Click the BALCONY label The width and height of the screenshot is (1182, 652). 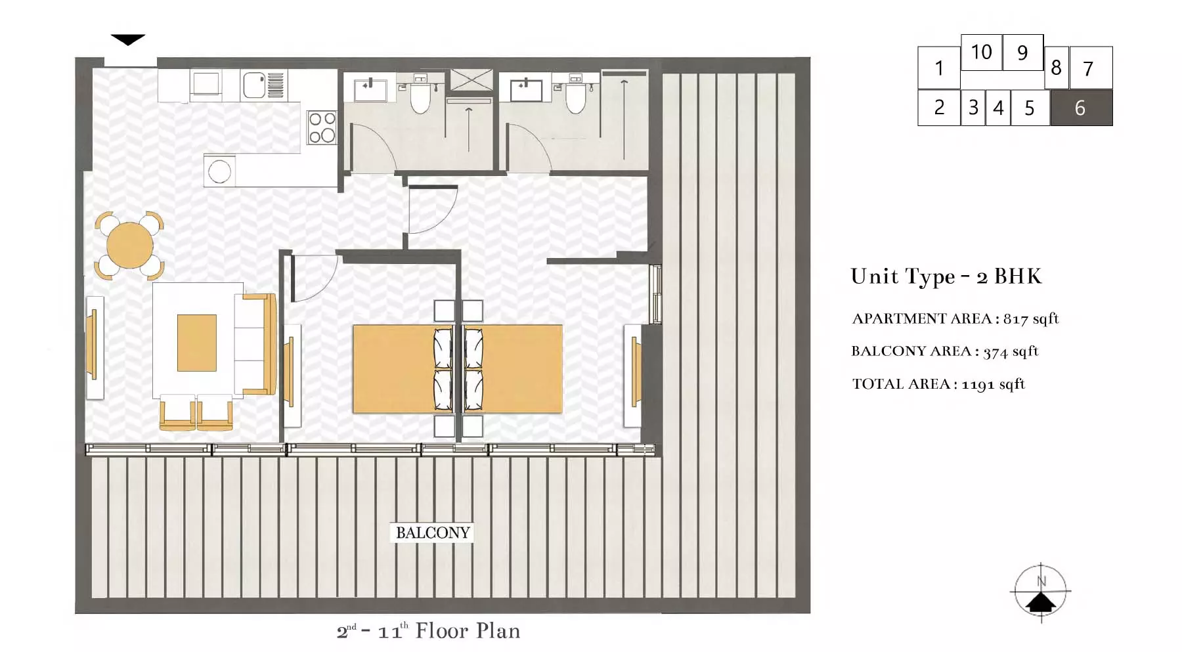pos(433,532)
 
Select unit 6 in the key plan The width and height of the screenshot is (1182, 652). pos(1081,108)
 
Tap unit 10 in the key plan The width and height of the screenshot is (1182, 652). pos(981,52)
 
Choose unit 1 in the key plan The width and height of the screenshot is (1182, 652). pos(939,68)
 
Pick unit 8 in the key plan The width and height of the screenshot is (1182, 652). pos(1056,67)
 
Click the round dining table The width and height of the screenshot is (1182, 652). pos(130,246)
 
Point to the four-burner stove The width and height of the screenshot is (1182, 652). pos(322,127)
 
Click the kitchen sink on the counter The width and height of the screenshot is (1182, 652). pos(254,85)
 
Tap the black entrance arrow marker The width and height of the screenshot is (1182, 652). pos(128,40)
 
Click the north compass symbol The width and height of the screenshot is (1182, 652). pos(1041,592)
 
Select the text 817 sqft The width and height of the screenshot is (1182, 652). pos(1031,319)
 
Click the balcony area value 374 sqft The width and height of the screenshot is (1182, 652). pos(1011,351)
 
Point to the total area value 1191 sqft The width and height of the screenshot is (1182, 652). pos(993,384)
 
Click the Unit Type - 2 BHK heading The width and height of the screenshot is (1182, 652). pos(946,276)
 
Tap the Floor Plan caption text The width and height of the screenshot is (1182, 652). pos(468,631)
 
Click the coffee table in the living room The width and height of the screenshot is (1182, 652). pos(197,343)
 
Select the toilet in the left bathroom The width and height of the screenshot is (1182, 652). pos(420,96)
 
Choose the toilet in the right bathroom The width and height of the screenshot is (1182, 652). pos(576,96)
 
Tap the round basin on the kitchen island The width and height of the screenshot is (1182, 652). pos(219,172)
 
